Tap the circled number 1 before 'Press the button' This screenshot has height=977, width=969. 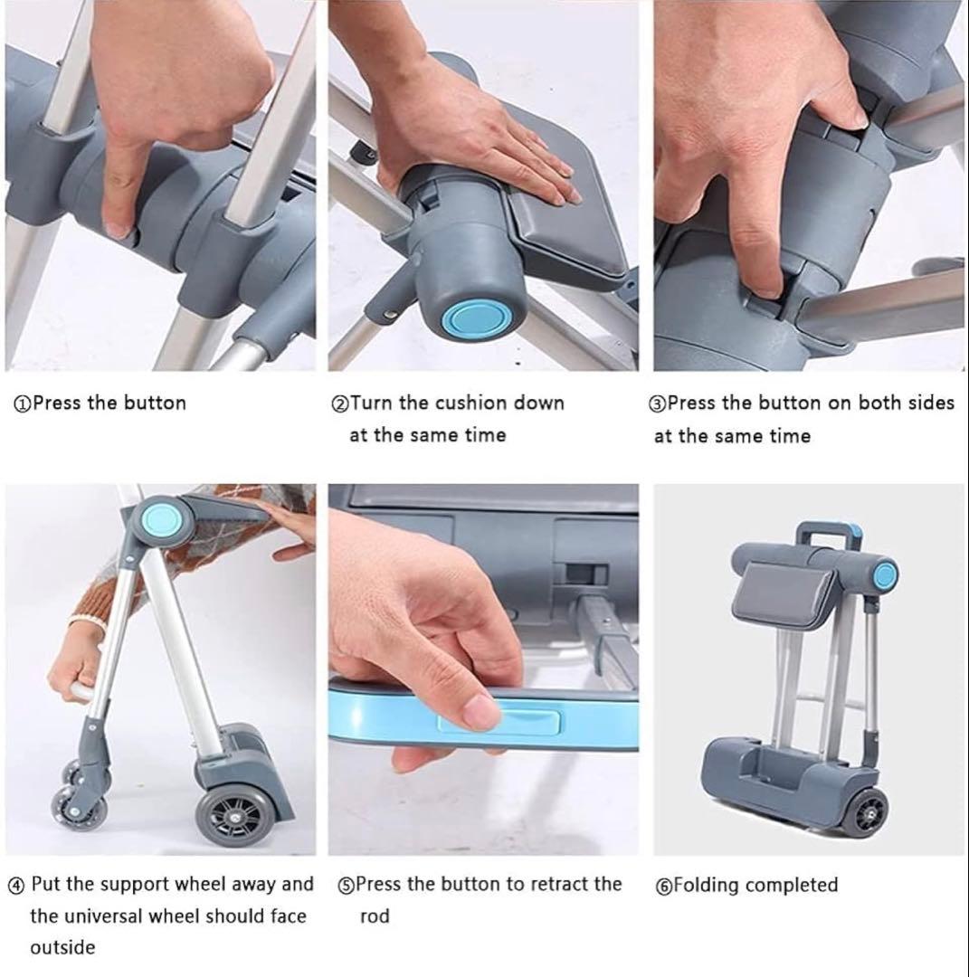click(23, 404)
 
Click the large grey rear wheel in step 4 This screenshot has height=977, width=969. click(231, 816)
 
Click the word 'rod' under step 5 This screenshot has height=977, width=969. click(375, 916)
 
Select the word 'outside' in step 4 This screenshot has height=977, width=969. click(63, 948)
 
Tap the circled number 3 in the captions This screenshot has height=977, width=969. click(658, 404)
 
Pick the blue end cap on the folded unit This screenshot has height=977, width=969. click(884, 576)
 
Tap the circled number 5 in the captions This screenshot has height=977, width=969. click(346, 886)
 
